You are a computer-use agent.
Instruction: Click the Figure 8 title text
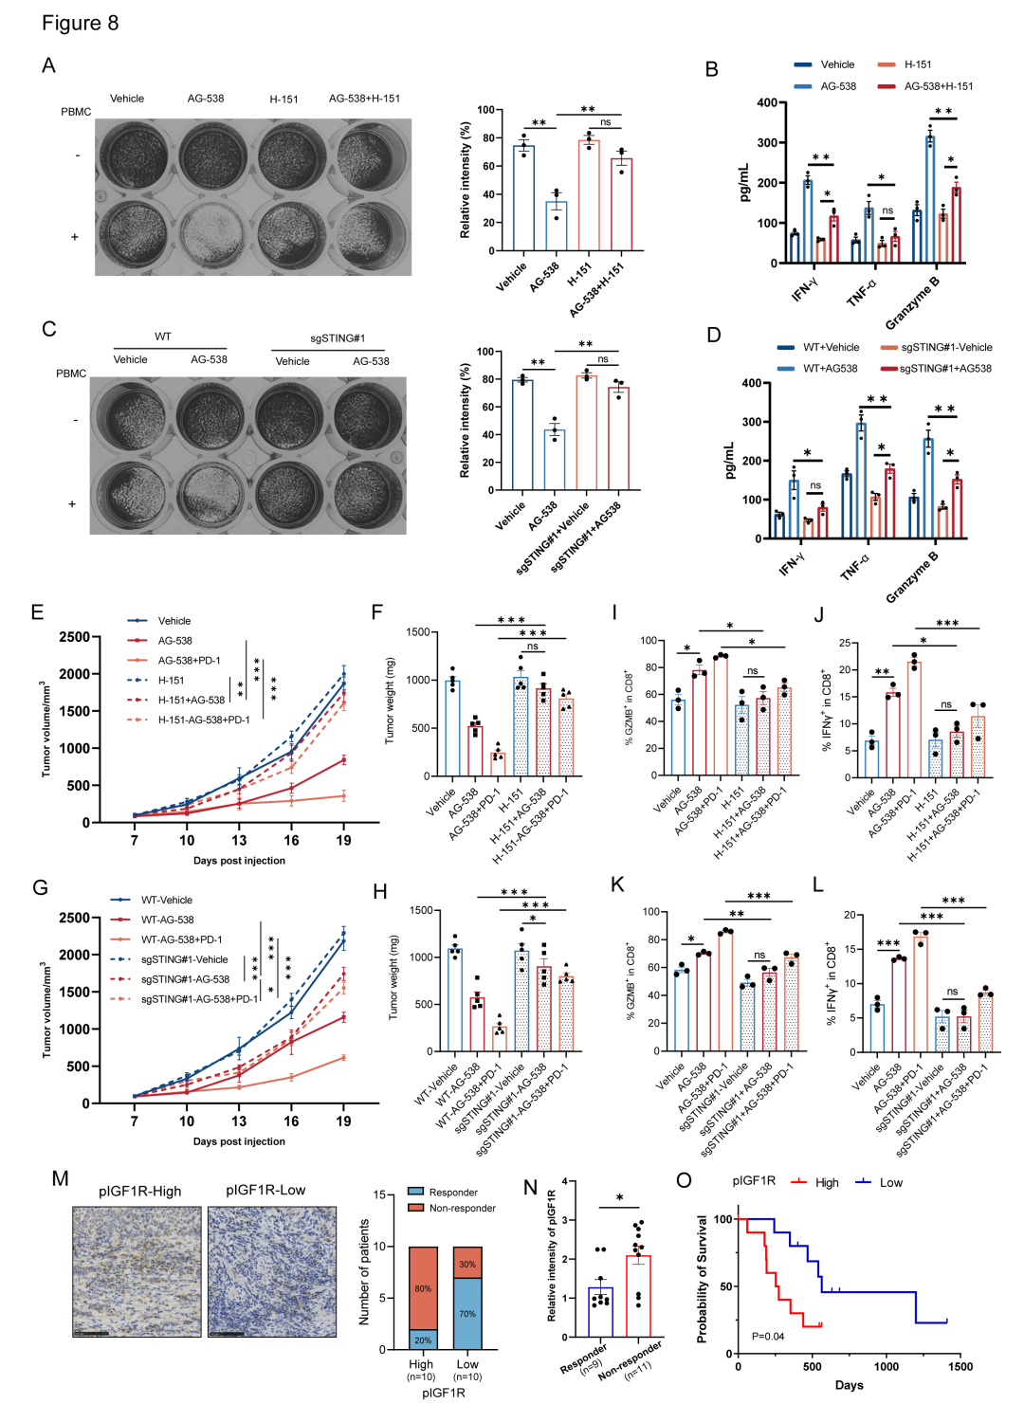(80, 24)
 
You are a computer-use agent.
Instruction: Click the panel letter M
(60, 1178)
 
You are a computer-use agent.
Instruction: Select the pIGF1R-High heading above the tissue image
(139, 1192)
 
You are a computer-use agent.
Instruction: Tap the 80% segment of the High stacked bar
(423, 1288)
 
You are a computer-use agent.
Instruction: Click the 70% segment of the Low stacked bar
(467, 1314)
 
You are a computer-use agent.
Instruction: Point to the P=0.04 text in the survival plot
(768, 1336)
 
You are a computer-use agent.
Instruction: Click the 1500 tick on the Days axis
(960, 1367)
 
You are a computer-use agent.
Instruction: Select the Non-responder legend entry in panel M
(462, 1208)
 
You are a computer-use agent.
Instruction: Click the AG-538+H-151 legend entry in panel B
(938, 86)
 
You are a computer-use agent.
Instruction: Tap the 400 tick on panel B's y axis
(766, 102)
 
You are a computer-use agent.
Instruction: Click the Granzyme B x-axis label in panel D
(912, 575)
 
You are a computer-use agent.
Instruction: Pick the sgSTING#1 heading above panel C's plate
(338, 338)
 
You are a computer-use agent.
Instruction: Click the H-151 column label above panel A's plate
(283, 99)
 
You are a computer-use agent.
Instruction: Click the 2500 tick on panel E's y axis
(74, 637)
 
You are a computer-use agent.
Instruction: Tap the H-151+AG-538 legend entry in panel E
(191, 701)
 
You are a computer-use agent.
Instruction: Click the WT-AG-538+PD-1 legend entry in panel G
(181, 939)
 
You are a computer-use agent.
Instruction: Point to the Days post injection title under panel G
(239, 1141)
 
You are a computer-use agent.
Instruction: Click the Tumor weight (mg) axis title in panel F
(390, 702)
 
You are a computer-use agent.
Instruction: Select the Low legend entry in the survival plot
(890, 1183)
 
